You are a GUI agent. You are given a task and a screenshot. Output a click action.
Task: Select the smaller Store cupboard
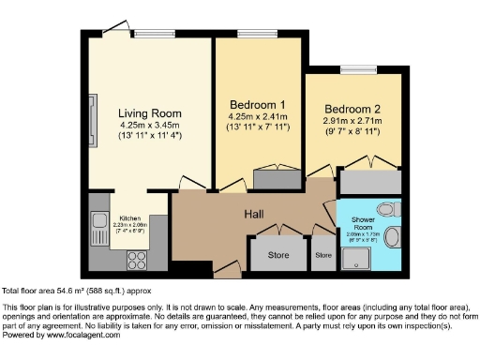(323, 254)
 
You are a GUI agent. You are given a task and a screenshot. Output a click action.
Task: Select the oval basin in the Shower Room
(393, 237)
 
